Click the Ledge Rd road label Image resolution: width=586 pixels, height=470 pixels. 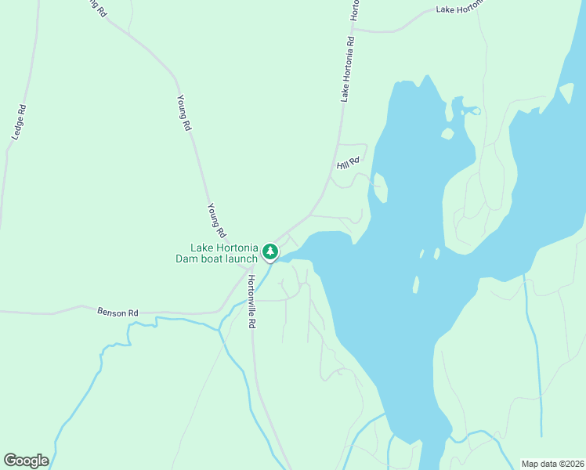coord(19,123)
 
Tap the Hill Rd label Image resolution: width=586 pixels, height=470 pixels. coord(348,163)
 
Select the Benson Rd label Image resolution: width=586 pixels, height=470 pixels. coord(118,312)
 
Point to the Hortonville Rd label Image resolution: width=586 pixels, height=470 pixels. coord(252,302)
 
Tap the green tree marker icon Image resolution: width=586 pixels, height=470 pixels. coord(270,251)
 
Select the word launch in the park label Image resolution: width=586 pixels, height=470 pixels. coord(241,258)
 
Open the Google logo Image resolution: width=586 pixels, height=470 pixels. coord(26,461)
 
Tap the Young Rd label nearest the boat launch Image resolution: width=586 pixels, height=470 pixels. coord(216,220)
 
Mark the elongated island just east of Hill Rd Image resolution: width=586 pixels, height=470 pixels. coord(380,186)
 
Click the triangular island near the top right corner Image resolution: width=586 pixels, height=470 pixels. coord(566,93)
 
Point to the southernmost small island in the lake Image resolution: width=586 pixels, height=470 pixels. coord(416,284)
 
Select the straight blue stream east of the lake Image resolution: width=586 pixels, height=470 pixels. coord(536,352)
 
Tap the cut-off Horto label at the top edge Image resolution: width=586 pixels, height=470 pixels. coord(356,9)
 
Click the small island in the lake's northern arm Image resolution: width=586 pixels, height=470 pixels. coord(447,133)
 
